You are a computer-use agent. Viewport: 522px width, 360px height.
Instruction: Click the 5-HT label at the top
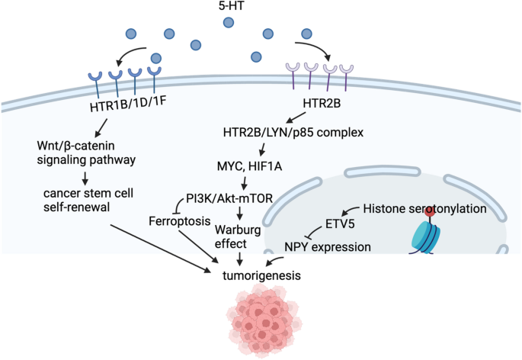click(x=261, y=9)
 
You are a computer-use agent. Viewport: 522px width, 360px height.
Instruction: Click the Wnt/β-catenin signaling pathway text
click(x=85, y=152)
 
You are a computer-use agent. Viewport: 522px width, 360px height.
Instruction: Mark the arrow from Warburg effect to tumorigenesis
click(x=240, y=258)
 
